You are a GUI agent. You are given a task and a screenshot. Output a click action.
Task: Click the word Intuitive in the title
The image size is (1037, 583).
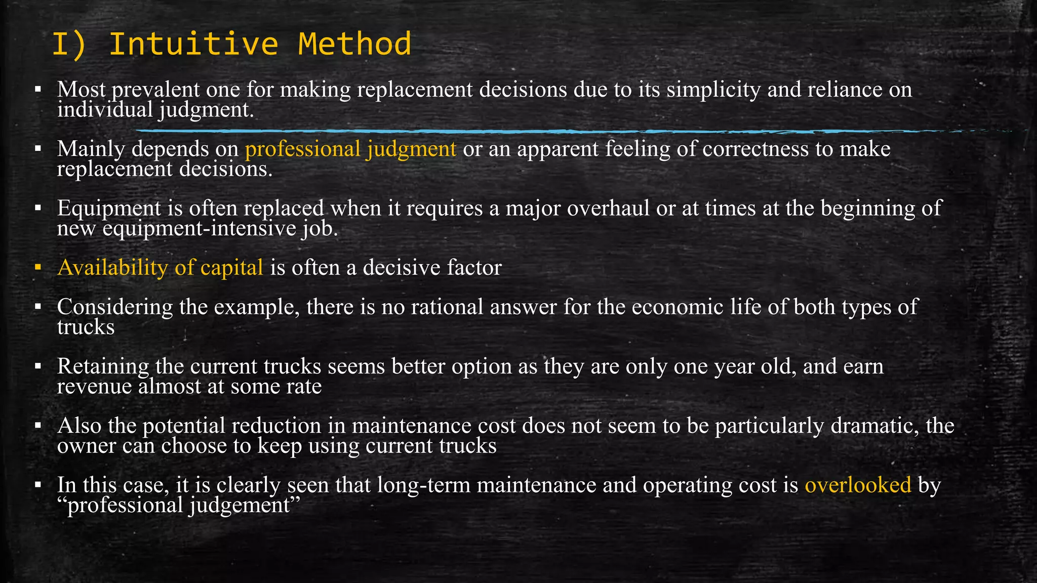[193, 44]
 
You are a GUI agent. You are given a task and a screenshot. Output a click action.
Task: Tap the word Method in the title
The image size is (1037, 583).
[354, 44]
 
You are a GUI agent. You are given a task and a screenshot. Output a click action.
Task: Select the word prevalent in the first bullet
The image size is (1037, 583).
[155, 90]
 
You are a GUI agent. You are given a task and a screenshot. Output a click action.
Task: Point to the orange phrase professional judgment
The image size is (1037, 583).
[350, 149]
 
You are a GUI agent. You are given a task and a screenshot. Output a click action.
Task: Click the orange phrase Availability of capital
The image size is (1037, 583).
[160, 268]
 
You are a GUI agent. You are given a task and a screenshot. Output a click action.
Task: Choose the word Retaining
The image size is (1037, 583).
[103, 366]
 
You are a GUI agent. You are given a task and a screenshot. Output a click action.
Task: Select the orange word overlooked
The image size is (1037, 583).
[858, 485]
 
